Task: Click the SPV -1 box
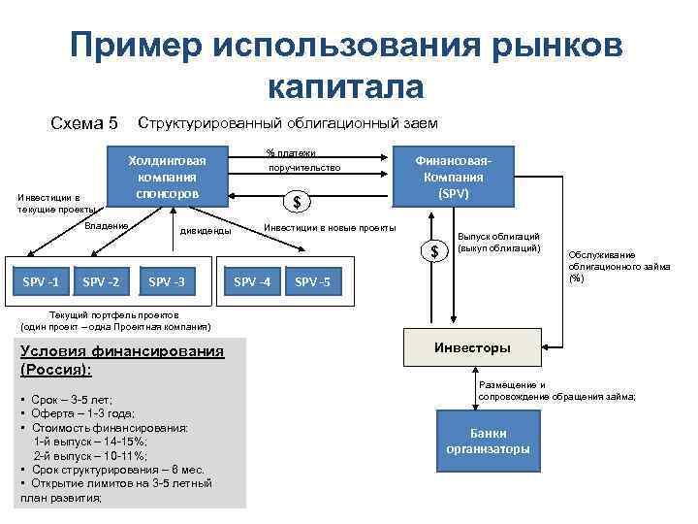(40, 282)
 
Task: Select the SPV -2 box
(102, 282)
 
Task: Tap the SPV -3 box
(167, 282)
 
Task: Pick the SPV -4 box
(253, 282)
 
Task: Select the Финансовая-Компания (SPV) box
(453, 178)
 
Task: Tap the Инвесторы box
(472, 347)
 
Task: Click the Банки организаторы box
(488, 441)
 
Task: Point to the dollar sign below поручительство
(298, 202)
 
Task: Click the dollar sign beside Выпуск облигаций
(435, 251)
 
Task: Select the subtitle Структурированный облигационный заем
(288, 123)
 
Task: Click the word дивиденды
(205, 231)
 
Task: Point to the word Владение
(106, 226)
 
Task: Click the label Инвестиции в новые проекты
(330, 227)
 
